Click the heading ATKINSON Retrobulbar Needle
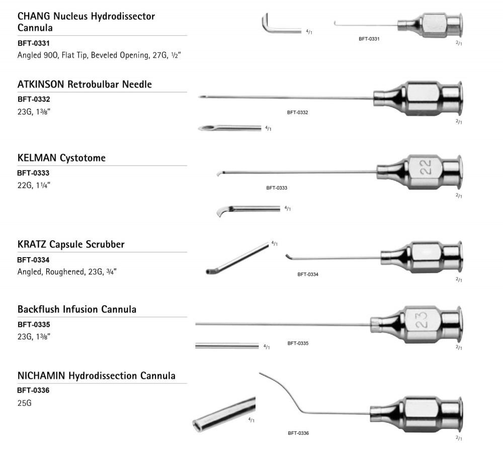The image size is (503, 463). [x=85, y=85]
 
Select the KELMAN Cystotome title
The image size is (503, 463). [x=61, y=158]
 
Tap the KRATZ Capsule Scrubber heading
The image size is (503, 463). [x=71, y=245]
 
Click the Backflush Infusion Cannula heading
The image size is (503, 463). [x=77, y=309]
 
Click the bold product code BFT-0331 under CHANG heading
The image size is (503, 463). [x=33, y=43]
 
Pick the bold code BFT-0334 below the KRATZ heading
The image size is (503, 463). [x=33, y=260]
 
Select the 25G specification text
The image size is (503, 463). [x=24, y=403]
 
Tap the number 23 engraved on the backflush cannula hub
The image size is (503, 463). [x=423, y=321]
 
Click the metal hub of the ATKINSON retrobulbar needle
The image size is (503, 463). [x=417, y=98]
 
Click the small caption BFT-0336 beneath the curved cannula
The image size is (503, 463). [x=298, y=433]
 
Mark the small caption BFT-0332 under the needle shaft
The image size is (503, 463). [x=297, y=112]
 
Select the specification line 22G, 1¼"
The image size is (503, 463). [x=34, y=186]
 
